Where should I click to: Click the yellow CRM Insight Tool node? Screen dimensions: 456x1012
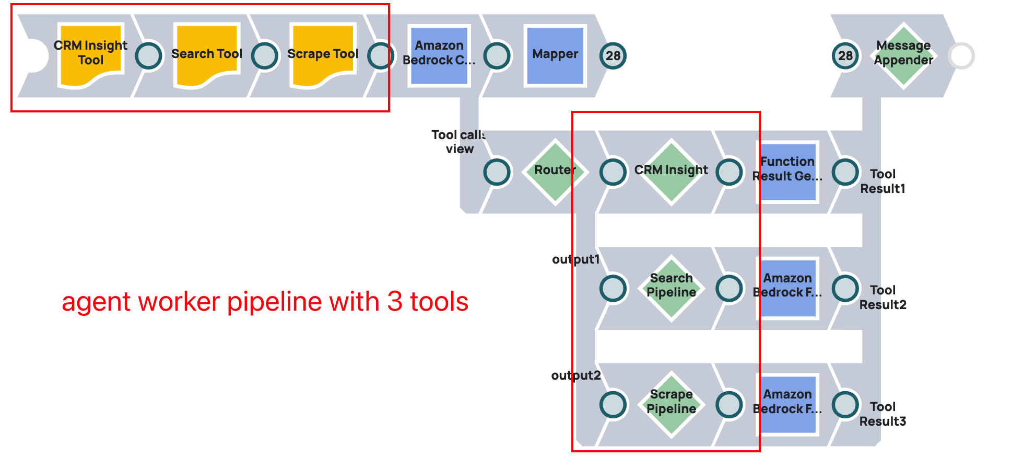point(91,54)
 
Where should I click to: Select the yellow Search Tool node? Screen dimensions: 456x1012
point(207,54)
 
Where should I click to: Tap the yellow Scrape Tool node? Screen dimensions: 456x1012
point(323,54)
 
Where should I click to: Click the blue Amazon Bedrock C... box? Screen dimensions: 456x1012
point(439,55)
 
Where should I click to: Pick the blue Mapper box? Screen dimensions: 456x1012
point(555,55)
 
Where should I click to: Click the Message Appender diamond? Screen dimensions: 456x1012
point(903,54)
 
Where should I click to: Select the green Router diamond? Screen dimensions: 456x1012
point(555,171)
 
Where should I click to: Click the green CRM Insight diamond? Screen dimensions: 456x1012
point(671,171)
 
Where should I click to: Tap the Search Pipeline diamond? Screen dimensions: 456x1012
point(671,287)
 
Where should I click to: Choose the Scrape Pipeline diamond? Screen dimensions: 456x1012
point(671,403)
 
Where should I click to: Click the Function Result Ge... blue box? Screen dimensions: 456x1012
point(787,171)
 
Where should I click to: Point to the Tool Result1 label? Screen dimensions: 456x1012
point(882,181)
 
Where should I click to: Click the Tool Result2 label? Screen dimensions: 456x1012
point(882,298)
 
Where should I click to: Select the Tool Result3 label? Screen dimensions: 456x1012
point(882,414)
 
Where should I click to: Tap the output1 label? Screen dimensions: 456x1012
point(576,259)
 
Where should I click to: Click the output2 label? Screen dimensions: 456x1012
point(576,375)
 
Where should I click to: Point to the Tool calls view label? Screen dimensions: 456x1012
point(459,142)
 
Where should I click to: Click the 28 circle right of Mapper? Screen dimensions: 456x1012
point(613,55)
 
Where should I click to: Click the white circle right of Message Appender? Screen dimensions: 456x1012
point(961,55)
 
